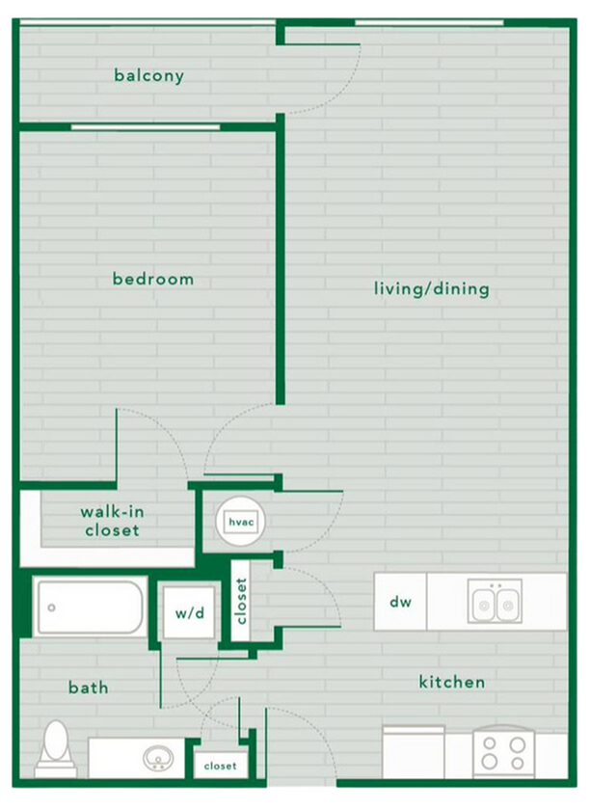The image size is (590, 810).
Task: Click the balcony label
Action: pyautogui.click(x=148, y=74)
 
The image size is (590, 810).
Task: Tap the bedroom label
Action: pyautogui.click(x=153, y=279)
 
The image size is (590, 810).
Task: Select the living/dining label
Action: pyautogui.click(x=431, y=288)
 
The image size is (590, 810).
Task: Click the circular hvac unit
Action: pyautogui.click(x=238, y=522)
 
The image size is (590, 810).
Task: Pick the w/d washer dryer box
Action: pyautogui.click(x=190, y=612)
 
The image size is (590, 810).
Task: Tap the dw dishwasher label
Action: pyautogui.click(x=401, y=603)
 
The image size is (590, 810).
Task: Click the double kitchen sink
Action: pyautogui.click(x=496, y=602)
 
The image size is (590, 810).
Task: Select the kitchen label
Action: pyautogui.click(x=451, y=682)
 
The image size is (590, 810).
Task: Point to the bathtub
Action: pyautogui.click(x=90, y=607)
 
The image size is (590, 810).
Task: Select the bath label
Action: pyautogui.click(x=88, y=688)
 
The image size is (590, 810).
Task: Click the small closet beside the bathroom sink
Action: pyautogui.click(x=220, y=765)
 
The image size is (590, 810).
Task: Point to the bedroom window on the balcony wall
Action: pyautogui.click(x=145, y=126)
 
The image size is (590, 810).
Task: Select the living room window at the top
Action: pyautogui.click(x=429, y=22)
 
